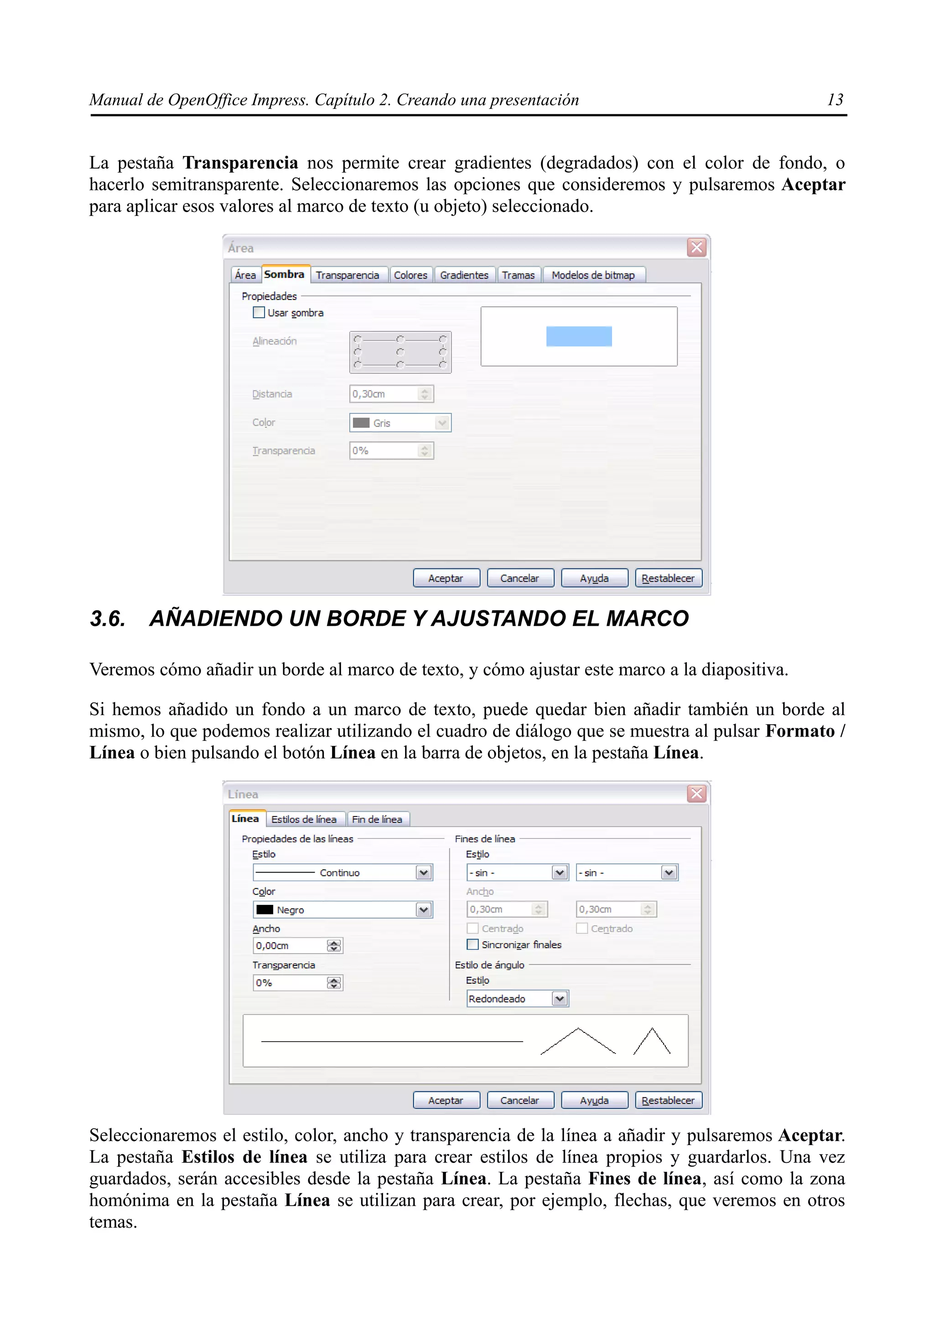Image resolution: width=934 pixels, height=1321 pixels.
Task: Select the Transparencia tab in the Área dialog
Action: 347,275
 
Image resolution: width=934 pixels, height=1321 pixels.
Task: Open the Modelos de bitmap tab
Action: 593,275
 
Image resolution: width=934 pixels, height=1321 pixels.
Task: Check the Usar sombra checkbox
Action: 259,312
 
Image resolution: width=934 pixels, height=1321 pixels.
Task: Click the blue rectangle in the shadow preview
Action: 578,336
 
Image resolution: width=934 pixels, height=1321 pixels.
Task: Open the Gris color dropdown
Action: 441,423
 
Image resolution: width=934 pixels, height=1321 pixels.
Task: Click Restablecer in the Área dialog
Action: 668,578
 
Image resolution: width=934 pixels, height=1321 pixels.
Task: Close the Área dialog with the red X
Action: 696,248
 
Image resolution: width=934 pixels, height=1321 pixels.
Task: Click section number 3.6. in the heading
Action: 108,619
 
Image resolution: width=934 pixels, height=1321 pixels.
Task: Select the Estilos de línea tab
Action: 304,819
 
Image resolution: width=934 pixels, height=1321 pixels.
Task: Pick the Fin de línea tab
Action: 377,819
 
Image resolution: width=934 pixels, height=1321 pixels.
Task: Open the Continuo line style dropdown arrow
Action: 424,873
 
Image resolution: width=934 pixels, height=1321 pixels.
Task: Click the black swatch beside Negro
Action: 265,910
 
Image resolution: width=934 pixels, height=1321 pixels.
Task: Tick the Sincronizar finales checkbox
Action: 472,945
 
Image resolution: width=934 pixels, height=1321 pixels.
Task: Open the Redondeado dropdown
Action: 560,999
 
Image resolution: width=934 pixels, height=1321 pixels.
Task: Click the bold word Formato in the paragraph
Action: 800,731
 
